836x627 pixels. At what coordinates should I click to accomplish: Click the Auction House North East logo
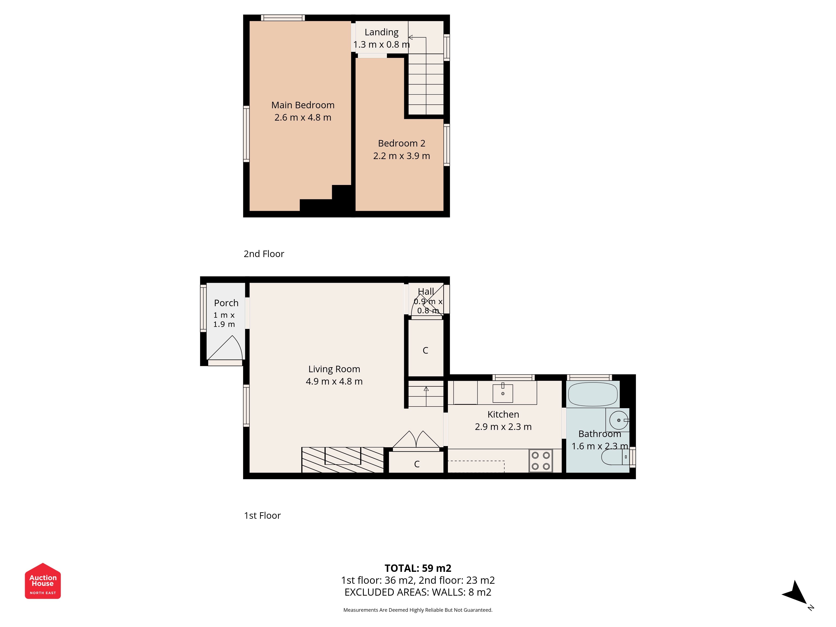[x=43, y=581]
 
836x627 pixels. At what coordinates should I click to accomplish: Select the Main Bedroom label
[x=303, y=105]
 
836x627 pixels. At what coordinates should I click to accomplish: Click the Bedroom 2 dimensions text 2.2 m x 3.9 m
[x=401, y=156]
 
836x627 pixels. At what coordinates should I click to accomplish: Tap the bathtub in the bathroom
[x=593, y=394]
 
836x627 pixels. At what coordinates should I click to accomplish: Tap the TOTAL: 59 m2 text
[x=418, y=568]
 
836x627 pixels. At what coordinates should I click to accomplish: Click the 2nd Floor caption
[x=264, y=254]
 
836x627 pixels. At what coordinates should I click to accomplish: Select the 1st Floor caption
[x=262, y=516]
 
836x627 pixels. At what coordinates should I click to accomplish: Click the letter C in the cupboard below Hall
[x=425, y=350]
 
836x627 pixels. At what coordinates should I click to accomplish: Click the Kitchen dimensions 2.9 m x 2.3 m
[x=503, y=427]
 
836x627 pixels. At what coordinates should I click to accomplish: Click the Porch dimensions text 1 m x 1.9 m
[x=224, y=319]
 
